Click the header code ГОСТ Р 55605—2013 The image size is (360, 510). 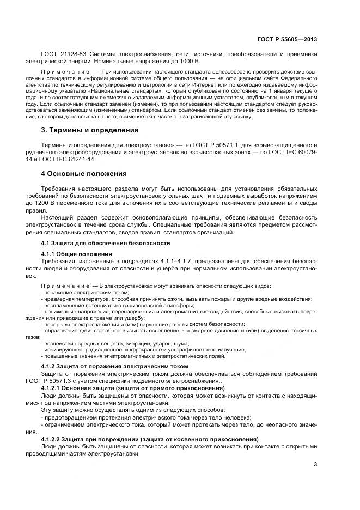287,39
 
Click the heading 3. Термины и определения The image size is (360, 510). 90,130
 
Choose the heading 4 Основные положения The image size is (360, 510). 84,174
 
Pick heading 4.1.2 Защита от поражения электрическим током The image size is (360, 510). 115,366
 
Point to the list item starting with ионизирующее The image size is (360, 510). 144,350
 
